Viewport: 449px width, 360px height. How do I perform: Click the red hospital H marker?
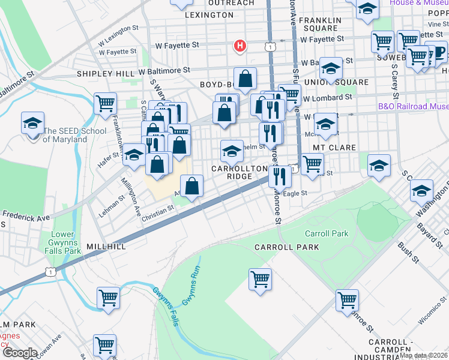[240, 46]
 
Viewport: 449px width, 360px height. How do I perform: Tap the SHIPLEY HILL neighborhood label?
[106, 74]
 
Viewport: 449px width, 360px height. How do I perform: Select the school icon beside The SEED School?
[32, 124]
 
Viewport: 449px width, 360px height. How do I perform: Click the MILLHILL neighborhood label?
[106, 247]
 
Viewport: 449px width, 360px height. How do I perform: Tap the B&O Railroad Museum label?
[413, 106]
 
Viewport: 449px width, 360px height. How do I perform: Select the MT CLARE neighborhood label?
[334, 147]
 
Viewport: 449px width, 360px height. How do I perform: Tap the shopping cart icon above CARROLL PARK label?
[260, 279]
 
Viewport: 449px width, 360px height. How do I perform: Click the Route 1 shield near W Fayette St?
[272, 46]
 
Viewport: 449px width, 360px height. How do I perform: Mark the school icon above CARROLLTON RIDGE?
[232, 151]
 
